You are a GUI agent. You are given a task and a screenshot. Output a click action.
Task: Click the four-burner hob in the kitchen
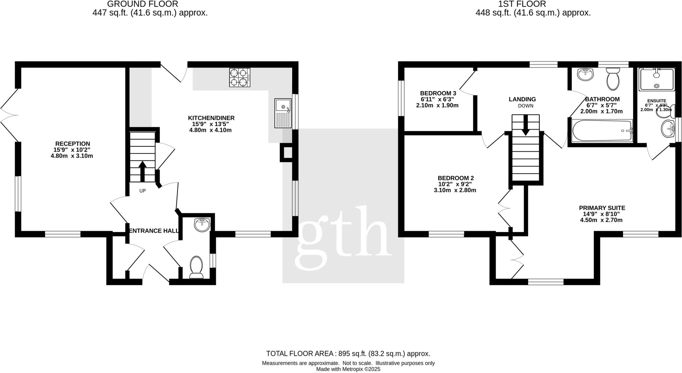[x=240, y=77]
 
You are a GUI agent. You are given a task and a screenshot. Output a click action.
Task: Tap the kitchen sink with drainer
[x=283, y=113]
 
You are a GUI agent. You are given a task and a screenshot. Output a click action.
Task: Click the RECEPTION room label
[x=73, y=144]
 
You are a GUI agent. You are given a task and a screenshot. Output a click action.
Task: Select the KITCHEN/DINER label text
[x=211, y=118]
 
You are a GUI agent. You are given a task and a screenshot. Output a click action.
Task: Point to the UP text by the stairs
[x=143, y=191]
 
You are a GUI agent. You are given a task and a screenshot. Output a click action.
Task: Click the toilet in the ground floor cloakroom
[x=196, y=267]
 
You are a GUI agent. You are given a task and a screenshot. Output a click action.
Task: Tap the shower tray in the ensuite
[x=656, y=79]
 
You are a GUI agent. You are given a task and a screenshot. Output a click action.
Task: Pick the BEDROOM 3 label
[x=438, y=93]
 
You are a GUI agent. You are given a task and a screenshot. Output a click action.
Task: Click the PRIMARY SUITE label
[x=602, y=208]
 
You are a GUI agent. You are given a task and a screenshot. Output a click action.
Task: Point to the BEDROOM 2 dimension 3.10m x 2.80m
[x=455, y=190]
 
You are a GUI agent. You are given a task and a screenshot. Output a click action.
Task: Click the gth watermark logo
[x=343, y=238]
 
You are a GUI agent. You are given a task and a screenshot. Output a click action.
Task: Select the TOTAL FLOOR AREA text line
[x=348, y=354]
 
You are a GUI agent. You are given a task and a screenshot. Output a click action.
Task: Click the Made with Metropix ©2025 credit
[x=348, y=369]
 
